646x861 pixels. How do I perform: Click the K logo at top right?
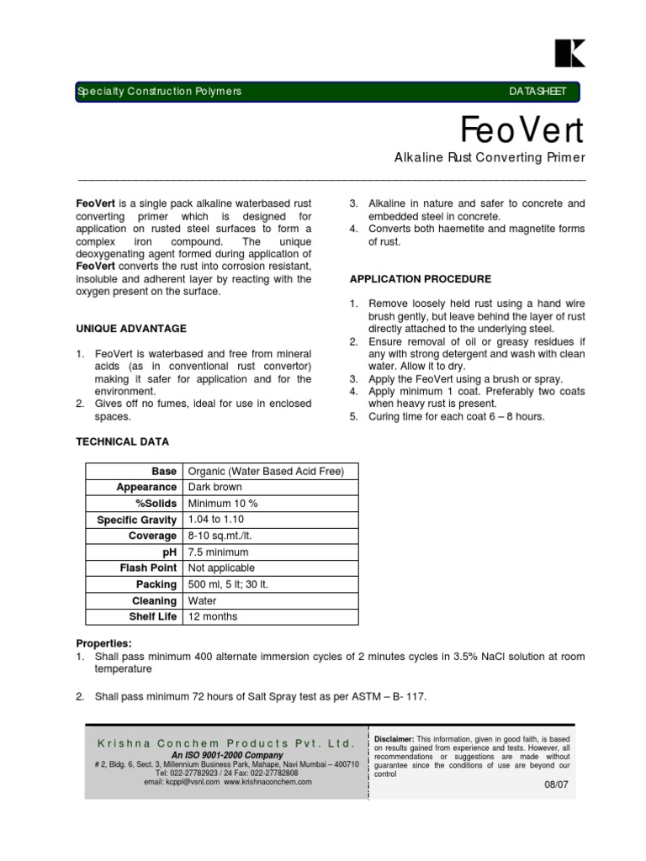[x=569, y=53]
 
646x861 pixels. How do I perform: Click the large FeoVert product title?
[x=522, y=130]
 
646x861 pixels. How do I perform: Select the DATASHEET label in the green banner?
[x=538, y=91]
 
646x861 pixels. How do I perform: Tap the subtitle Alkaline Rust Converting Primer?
[x=490, y=158]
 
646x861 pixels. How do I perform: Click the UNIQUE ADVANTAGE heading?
[x=131, y=328]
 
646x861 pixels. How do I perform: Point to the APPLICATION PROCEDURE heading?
[x=420, y=279]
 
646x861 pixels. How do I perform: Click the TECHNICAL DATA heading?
[x=123, y=441]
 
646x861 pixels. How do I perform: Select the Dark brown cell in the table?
[x=214, y=487]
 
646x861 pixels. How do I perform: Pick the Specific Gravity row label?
[x=137, y=520]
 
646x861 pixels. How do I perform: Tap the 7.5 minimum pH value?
[x=218, y=552]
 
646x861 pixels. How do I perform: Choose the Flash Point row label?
[x=148, y=568]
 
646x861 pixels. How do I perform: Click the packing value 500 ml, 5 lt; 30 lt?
[x=228, y=584]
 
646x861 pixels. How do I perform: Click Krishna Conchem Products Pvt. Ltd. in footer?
[x=227, y=744]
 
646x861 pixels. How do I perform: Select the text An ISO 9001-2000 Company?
[x=227, y=755]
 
